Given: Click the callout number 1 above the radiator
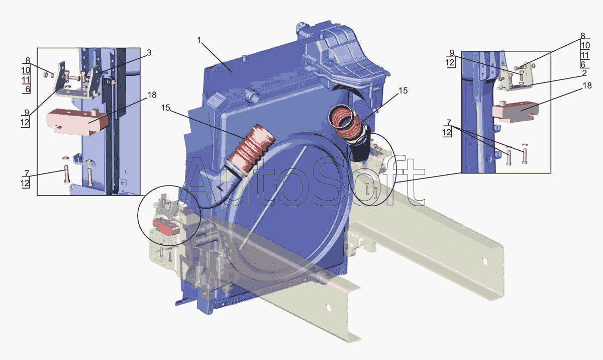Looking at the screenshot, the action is click(199, 40).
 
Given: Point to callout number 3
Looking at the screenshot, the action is click(149, 52).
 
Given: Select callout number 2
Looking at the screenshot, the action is click(584, 73).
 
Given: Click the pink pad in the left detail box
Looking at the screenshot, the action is click(77, 122).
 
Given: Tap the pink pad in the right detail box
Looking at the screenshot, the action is click(515, 112).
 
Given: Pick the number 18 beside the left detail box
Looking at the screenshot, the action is click(152, 95).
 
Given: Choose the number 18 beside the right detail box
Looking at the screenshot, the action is click(587, 85).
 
